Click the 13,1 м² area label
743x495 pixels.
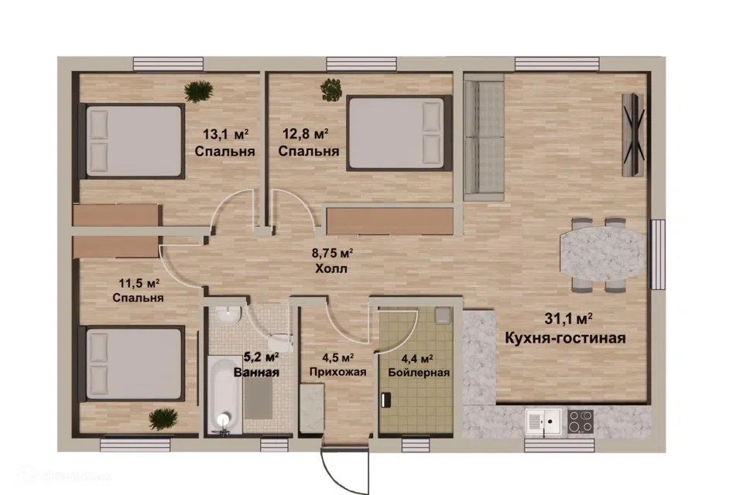(x=225, y=134)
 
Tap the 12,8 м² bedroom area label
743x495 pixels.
(x=306, y=134)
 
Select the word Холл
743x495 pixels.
(x=331, y=268)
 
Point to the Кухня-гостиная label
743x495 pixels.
(x=565, y=338)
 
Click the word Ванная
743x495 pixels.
(x=256, y=372)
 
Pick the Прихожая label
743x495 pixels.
(x=337, y=372)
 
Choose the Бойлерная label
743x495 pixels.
(x=419, y=372)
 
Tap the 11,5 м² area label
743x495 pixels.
(x=139, y=283)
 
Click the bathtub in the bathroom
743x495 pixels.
(x=225, y=395)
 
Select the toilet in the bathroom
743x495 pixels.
(x=280, y=340)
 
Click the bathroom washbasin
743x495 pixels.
(x=228, y=315)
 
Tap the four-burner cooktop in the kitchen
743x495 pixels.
(x=580, y=421)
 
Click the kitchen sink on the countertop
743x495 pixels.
(x=543, y=421)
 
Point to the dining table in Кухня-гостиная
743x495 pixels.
(x=603, y=254)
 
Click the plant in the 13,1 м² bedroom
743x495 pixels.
(x=199, y=91)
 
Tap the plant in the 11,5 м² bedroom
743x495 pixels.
(x=163, y=419)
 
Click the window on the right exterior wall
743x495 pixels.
(x=658, y=254)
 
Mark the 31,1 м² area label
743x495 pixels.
(x=568, y=319)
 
